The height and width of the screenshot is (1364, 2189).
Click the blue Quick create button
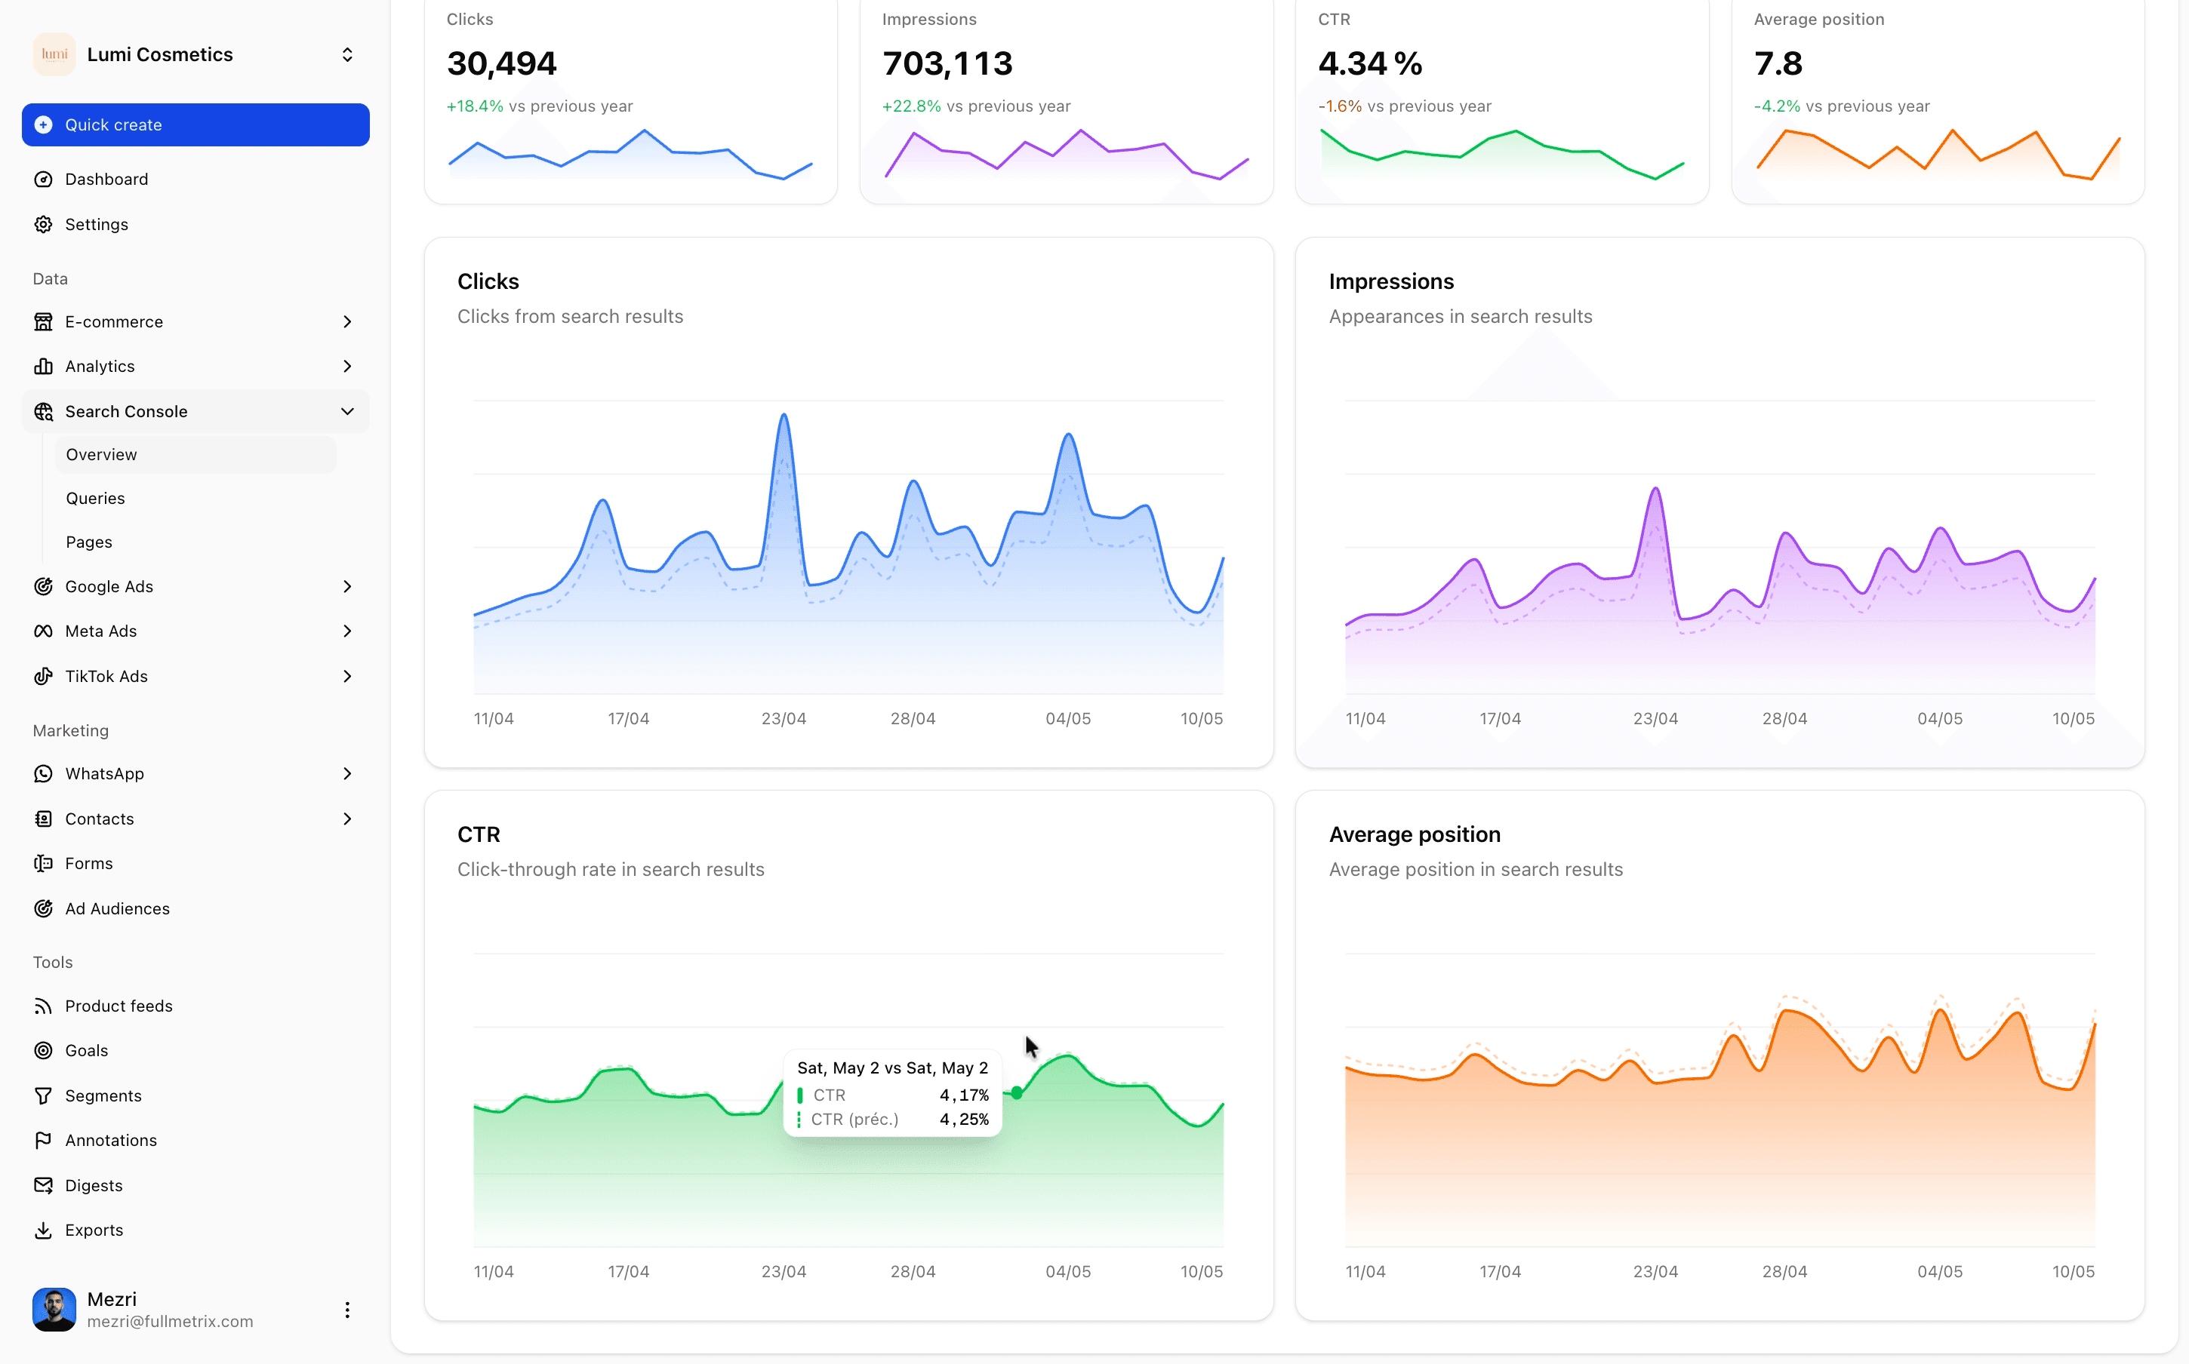[195, 124]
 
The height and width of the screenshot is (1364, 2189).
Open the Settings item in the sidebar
[96, 225]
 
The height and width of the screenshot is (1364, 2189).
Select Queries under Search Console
[95, 498]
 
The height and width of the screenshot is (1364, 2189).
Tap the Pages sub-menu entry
[88, 542]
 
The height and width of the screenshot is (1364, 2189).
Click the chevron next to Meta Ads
[347, 631]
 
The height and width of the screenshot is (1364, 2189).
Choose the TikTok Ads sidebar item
[106, 677]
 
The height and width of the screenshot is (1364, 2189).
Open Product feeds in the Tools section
[119, 1006]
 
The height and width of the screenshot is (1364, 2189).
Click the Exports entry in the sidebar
[94, 1230]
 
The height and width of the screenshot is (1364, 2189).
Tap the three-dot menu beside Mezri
[347, 1310]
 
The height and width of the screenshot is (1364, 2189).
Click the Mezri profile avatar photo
[54, 1310]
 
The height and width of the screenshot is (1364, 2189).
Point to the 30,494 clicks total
[502, 63]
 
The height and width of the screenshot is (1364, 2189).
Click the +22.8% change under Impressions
[911, 106]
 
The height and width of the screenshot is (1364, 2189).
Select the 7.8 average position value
[1778, 63]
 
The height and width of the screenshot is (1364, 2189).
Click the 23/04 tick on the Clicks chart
[784, 719]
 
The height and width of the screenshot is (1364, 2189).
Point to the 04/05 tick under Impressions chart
[1939, 719]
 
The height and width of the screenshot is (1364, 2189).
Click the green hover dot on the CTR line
[1017, 1093]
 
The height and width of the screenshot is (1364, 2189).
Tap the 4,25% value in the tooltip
[964, 1120]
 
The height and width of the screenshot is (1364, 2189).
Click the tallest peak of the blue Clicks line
[784, 415]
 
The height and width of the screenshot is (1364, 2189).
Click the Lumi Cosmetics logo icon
[54, 54]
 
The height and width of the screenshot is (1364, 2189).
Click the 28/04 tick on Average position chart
[1784, 1272]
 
